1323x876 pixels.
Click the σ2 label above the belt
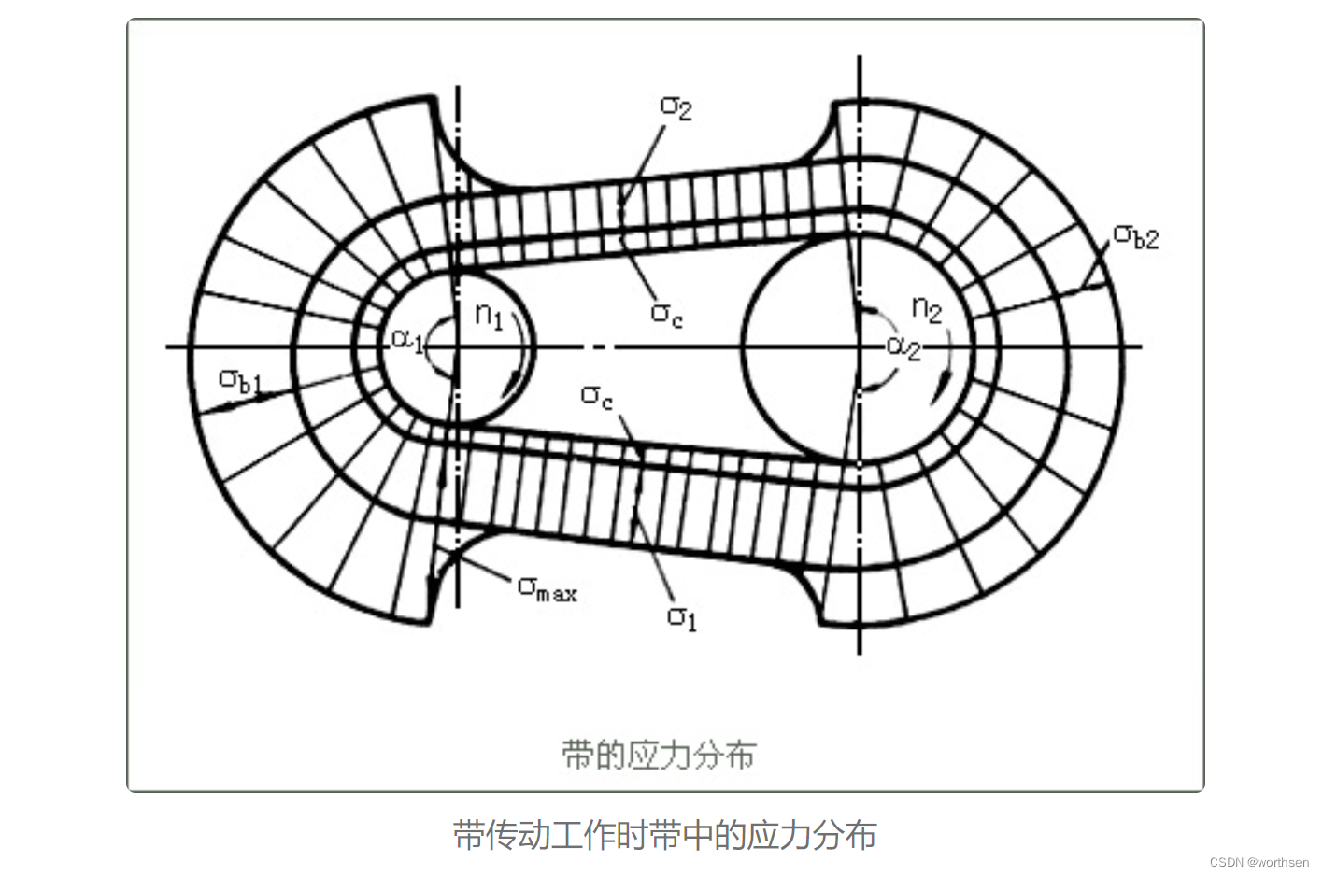676,106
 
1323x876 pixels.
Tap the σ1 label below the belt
682,616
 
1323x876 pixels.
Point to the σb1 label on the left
240,380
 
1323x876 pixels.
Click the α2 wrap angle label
903,346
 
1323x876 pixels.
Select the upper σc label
666,314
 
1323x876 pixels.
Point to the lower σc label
597,396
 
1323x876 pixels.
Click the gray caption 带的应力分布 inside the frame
659,754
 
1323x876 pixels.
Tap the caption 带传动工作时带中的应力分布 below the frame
664,834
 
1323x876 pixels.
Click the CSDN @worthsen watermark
1259,862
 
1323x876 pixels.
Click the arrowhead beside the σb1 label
224,407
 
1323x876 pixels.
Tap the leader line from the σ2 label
645,163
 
